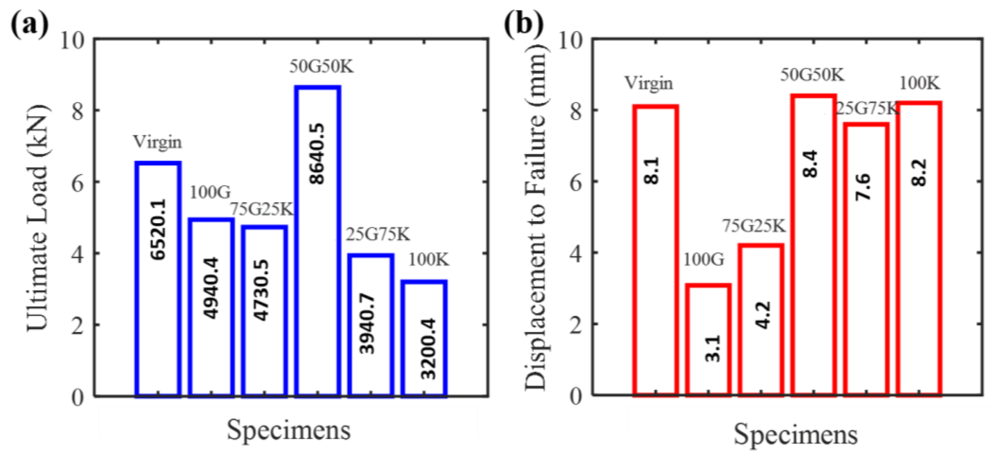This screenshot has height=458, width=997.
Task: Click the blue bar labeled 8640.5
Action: [318, 240]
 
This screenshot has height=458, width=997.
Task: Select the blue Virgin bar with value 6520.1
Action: [158, 279]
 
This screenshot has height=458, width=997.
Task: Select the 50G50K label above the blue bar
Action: [321, 67]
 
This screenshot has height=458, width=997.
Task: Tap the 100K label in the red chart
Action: [919, 83]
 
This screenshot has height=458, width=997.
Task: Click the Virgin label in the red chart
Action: [649, 83]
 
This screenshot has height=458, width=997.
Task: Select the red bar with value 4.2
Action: [761, 319]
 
